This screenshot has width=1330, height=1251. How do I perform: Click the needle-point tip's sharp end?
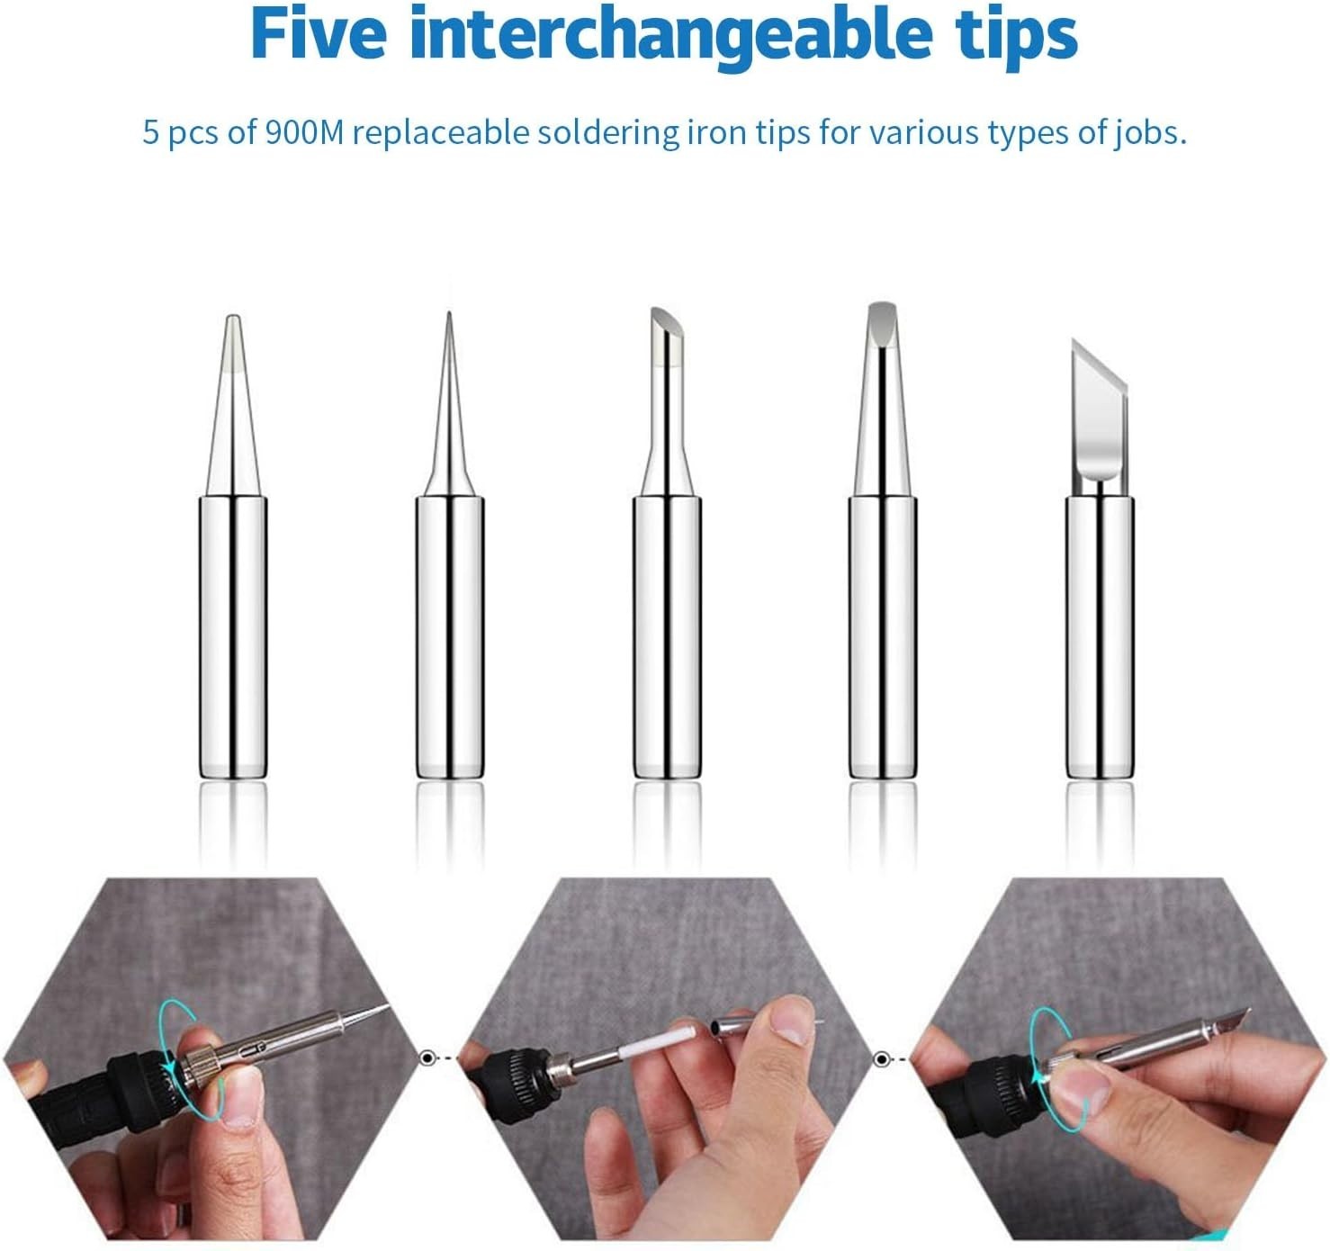449,313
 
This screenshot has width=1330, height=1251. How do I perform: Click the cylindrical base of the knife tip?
1100,637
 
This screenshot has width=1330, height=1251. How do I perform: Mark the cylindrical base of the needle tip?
449,637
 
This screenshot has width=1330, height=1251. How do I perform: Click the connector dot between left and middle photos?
427,1058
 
